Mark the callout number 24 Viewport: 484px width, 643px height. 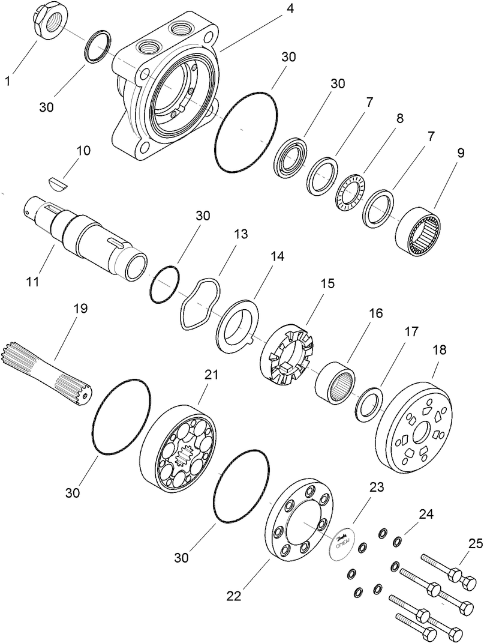[x=426, y=515]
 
